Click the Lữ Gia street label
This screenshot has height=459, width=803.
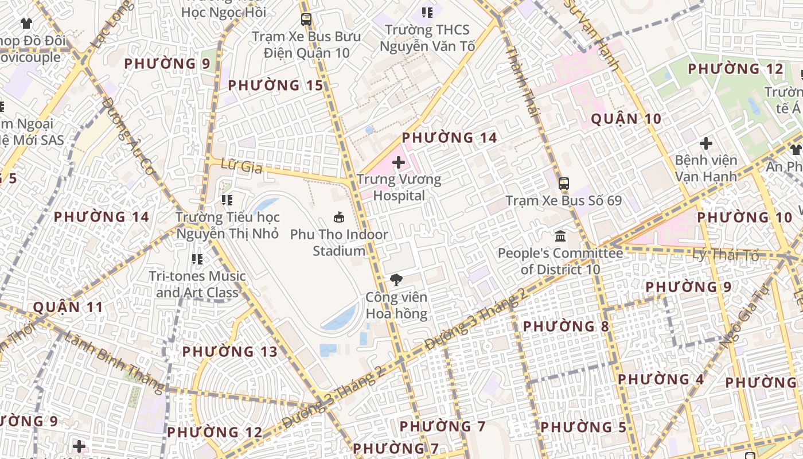tap(241, 167)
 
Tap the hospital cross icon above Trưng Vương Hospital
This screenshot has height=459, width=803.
tap(399, 163)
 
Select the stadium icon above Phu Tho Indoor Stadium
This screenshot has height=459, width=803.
tap(339, 217)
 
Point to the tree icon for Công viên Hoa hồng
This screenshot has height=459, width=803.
tap(396, 280)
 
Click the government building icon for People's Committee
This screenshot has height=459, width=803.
tap(560, 236)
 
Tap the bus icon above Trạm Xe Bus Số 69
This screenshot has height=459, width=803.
tap(564, 184)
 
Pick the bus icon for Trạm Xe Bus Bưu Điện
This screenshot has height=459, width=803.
tap(306, 20)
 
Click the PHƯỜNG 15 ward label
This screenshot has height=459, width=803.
tap(275, 85)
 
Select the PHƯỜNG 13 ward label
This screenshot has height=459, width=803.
tap(229, 351)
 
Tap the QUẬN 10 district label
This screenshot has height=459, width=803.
tap(626, 119)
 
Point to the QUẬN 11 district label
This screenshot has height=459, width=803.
tap(68, 307)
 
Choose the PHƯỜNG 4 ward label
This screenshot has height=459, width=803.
tap(661, 379)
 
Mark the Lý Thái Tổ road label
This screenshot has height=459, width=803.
tap(726, 255)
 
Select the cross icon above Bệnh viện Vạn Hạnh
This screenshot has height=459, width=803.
tap(706, 143)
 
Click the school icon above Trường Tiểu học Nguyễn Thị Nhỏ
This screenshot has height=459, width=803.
tap(227, 200)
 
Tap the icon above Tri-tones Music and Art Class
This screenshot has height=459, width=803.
tap(197, 259)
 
